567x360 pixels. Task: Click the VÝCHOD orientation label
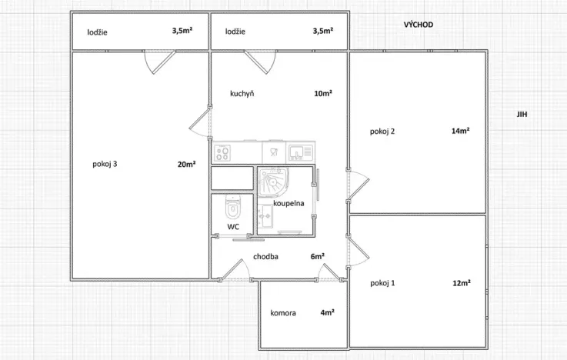(419, 25)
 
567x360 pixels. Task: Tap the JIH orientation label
(522, 114)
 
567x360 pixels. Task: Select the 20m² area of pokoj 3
(187, 164)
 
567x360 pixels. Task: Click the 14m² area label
(460, 131)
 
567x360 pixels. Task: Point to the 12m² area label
(462, 283)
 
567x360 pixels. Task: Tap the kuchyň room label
(242, 94)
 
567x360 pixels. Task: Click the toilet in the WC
(233, 207)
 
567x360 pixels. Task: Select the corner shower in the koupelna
(272, 182)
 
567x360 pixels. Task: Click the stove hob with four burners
(222, 153)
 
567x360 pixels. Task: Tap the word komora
(283, 313)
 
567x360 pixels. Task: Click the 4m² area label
(327, 312)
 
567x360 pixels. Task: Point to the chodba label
(265, 257)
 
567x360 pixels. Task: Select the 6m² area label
(318, 256)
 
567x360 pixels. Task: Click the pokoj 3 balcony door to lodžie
(160, 62)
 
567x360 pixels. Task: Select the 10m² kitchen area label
(323, 93)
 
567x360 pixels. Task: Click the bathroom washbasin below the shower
(265, 216)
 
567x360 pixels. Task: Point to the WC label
(233, 227)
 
